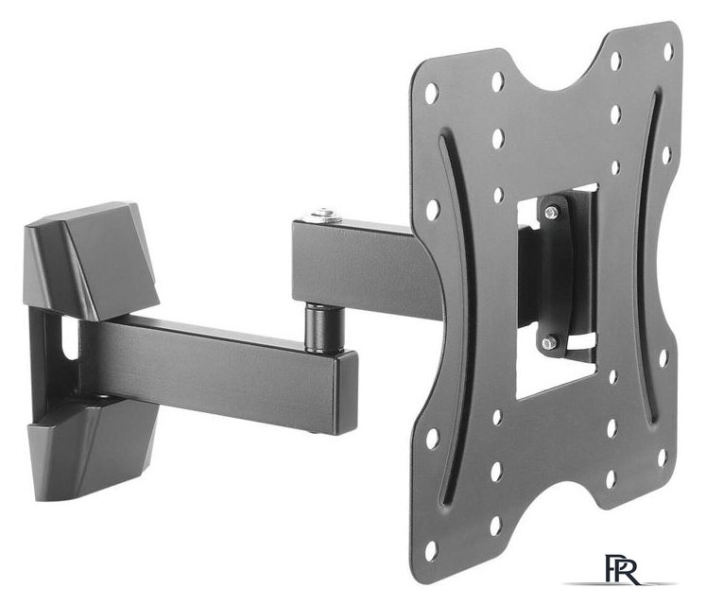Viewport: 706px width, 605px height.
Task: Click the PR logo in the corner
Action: pos(620,570)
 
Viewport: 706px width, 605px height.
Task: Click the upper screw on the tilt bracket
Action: pos(551,211)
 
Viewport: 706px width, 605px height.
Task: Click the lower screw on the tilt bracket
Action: pos(548,343)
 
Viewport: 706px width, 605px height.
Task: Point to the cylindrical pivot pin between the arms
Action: pos(322,327)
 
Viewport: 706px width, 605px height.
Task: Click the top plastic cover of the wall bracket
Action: pos(90,260)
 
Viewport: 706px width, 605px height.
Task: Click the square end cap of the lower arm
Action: pos(345,393)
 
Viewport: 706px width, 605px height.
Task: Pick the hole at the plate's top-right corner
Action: pos(668,51)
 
